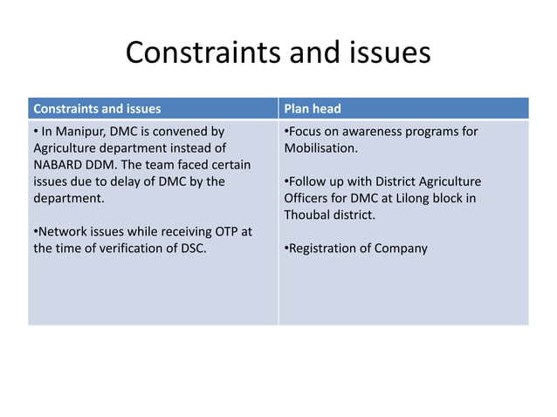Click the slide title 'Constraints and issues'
coord(278,53)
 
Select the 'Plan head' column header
coord(313,109)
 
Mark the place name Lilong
coord(406,198)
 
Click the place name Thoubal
coord(310,215)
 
